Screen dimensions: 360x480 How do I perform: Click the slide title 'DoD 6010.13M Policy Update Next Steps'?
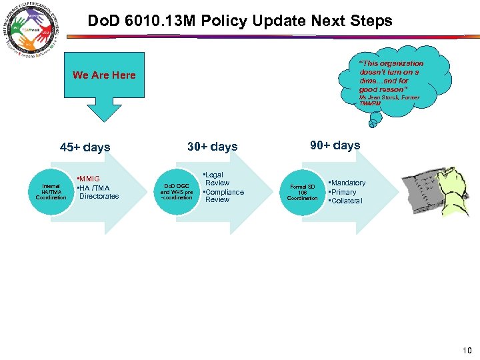pos(240,21)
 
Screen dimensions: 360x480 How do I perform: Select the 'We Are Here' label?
pos(104,75)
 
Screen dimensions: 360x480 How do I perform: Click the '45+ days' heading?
pos(85,147)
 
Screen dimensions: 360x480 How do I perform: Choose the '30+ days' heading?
pos(212,147)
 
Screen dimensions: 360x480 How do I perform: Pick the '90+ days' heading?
pos(335,145)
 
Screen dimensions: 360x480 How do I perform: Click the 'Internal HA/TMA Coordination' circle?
pos(51,191)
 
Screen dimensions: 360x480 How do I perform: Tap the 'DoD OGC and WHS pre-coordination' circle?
pos(177,191)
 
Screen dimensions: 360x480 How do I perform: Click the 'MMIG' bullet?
pos(89,179)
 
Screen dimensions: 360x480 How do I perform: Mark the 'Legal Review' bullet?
pos(216,179)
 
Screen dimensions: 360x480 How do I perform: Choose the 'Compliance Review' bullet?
pos(223,196)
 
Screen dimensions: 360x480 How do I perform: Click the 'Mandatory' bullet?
pos(347,183)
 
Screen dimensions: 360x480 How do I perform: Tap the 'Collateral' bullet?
pos(346,201)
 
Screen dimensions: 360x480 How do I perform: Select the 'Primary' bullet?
pos(343,192)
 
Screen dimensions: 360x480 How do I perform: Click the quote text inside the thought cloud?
pos(390,76)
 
